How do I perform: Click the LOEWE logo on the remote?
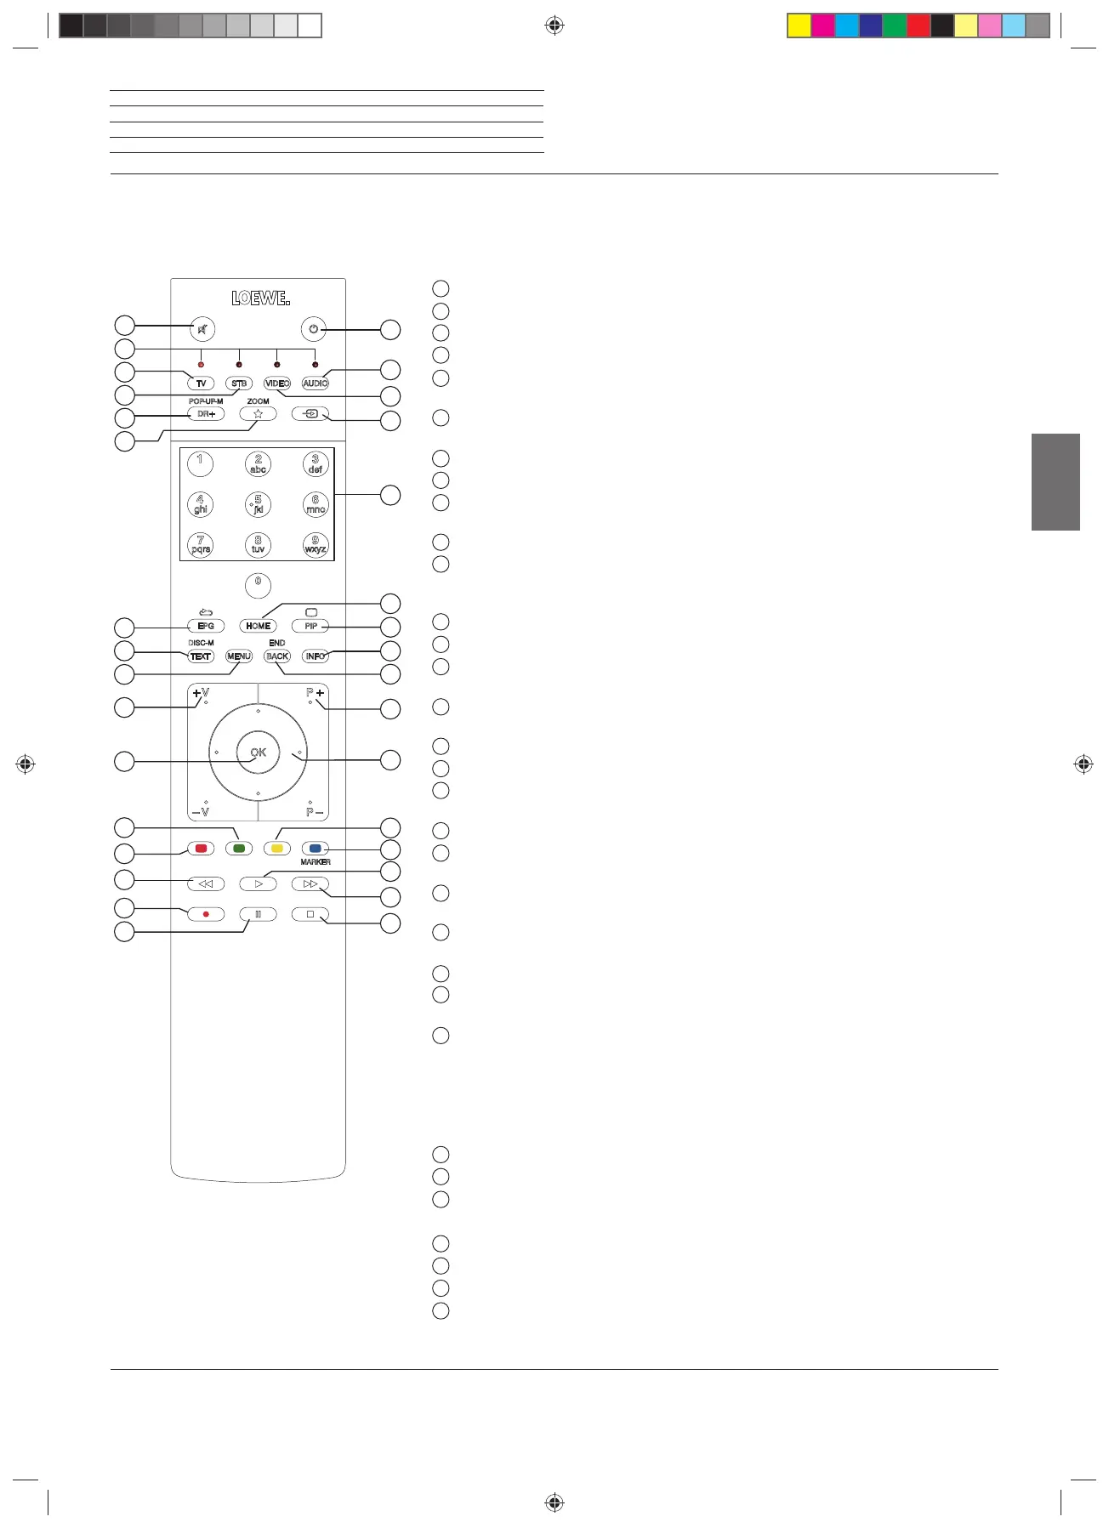click(260, 298)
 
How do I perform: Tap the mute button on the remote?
click(202, 329)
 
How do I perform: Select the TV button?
click(202, 383)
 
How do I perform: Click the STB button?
click(239, 383)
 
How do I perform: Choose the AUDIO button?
click(315, 383)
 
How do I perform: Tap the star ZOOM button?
click(258, 414)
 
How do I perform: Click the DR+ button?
click(206, 414)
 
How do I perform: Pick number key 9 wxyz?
click(316, 544)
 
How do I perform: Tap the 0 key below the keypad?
click(258, 585)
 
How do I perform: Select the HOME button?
click(258, 626)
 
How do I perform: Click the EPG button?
click(206, 626)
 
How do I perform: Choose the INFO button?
click(315, 656)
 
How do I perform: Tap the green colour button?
click(239, 849)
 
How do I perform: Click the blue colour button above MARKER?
click(315, 849)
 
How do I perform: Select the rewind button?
click(206, 884)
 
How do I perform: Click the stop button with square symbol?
click(310, 914)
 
